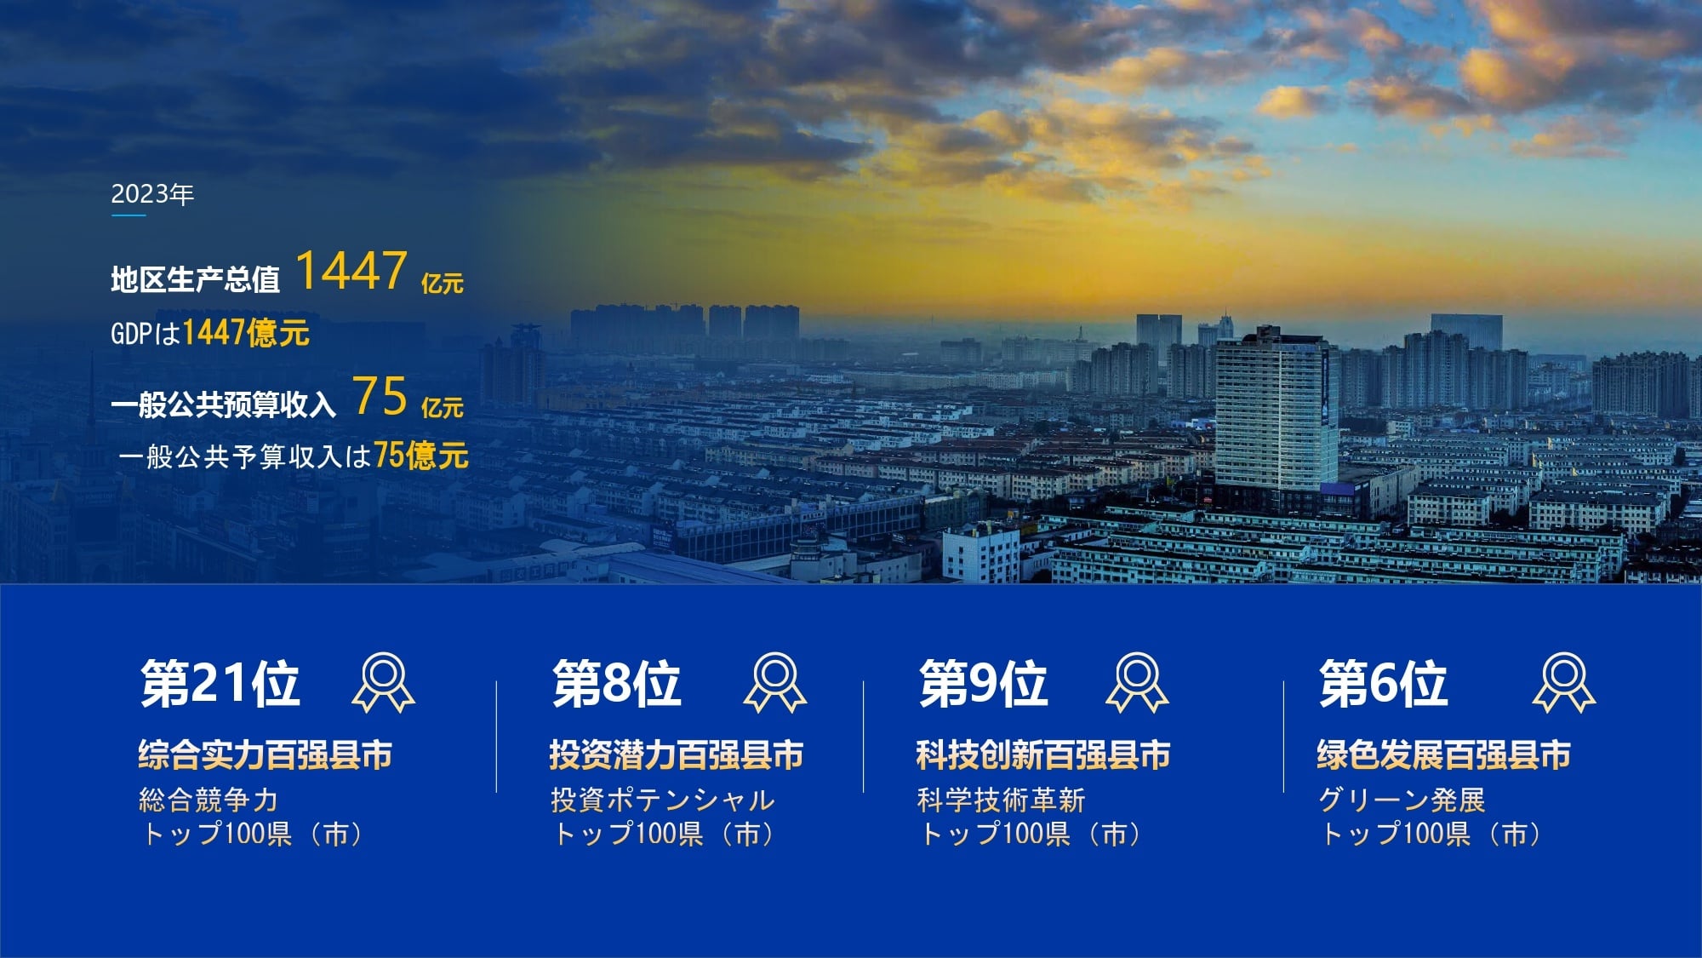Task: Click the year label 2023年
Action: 152,195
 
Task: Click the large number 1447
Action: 351,271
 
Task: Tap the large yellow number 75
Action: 380,396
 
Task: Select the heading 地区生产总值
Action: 195,279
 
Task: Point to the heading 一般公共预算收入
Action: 223,404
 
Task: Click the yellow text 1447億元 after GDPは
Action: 246,332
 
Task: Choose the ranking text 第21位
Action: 220,683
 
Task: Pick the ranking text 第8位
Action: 617,683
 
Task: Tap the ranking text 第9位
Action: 983,683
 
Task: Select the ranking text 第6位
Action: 1383,683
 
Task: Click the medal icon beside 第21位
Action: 384,682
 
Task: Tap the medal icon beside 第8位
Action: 775,682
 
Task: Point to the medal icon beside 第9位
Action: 1137,682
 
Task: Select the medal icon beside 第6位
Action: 1564,682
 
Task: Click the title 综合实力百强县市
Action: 266,755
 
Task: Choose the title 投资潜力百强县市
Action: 677,755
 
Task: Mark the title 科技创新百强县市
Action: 1043,755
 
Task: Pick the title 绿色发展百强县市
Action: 1444,755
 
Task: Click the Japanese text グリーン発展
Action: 1402,800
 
